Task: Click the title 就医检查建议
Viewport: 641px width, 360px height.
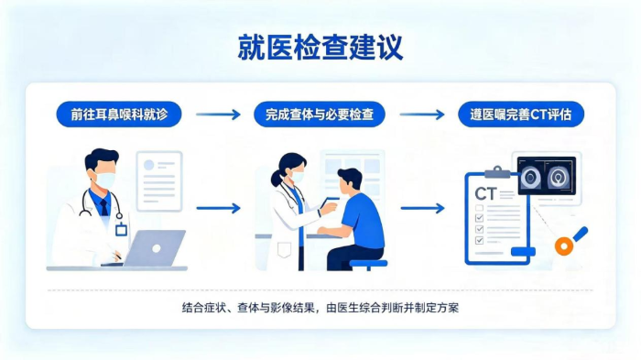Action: [320, 48]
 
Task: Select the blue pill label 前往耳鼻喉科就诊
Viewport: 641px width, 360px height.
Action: [119, 115]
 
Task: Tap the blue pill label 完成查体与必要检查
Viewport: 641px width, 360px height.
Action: [320, 115]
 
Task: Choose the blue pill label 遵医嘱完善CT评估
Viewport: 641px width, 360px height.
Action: [521, 115]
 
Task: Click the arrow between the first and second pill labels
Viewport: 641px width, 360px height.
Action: [218, 115]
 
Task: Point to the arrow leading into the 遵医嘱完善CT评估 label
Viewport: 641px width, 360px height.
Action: [422, 115]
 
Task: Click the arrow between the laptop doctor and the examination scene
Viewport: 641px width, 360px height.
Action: [218, 208]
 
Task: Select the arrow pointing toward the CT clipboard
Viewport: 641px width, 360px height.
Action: [422, 208]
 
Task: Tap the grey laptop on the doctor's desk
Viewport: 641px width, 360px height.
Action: [153, 248]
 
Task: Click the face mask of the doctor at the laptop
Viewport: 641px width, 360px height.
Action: [104, 180]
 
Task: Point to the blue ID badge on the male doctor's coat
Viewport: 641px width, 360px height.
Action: [121, 230]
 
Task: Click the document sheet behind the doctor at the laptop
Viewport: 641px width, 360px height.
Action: [159, 181]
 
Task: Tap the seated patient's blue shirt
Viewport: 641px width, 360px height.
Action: [363, 221]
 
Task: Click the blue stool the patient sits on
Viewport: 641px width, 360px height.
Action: [368, 264]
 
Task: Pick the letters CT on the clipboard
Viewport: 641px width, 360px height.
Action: [485, 193]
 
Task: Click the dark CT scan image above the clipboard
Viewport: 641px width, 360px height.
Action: [547, 176]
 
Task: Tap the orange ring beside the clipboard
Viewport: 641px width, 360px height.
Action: [564, 245]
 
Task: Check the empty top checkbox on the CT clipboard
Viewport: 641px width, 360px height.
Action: [479, 208]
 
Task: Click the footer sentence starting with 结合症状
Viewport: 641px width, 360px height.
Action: [320, 308]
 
